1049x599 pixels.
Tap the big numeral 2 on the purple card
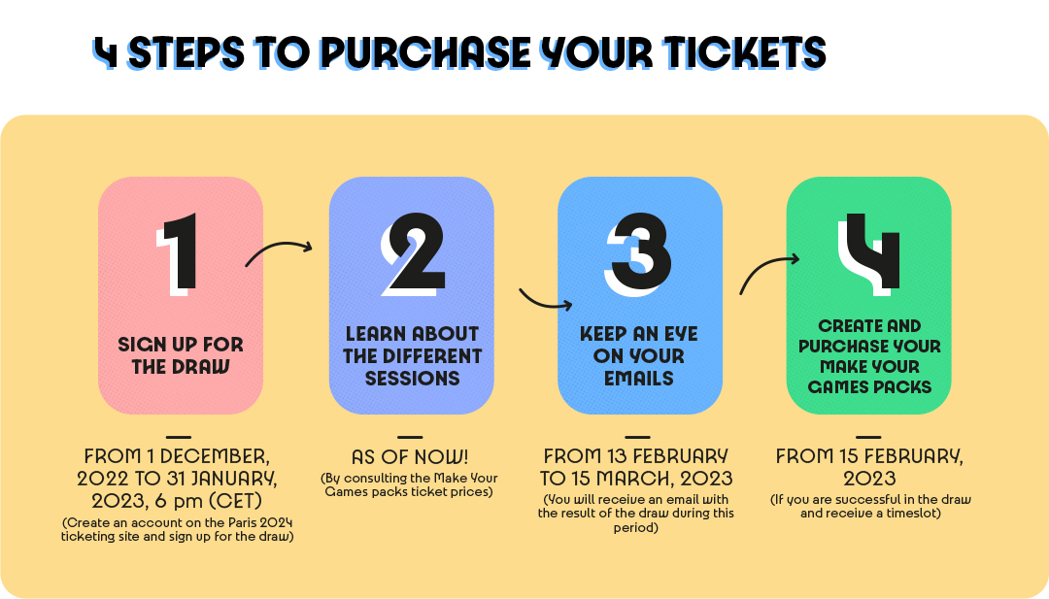[414, 254]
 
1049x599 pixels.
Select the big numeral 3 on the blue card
[639, 254]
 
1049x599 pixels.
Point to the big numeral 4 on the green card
[869, 254]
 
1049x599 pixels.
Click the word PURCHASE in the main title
[425, 52]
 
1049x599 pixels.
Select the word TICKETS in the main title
[745, 52]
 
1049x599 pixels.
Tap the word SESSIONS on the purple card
[412, 379]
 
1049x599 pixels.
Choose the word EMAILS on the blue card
[639, 379]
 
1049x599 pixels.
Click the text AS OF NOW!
[410, 457]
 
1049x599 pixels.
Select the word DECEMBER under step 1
[215, 456]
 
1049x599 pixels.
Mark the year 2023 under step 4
[869, 479]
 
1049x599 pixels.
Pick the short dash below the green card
[868, 437]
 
